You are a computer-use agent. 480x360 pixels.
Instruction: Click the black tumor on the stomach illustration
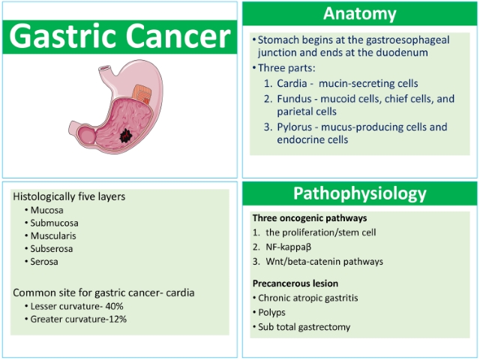125,136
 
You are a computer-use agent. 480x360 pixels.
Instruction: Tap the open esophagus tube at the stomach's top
105,71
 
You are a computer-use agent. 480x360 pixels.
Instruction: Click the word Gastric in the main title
63,36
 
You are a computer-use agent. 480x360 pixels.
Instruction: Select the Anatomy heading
360,13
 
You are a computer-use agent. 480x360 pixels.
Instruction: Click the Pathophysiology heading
360,193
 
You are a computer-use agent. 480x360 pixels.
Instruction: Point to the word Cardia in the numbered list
292,83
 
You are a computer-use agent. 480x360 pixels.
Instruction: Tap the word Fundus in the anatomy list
294,99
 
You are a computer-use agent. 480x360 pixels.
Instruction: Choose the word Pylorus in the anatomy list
295,127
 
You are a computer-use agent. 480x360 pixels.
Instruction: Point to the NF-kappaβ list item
288,247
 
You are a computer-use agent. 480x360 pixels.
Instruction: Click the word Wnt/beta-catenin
303,262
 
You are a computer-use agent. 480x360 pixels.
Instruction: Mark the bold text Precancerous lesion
295,283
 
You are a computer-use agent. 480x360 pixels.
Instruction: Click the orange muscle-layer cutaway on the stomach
142,94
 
